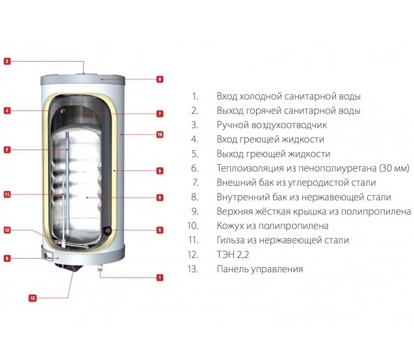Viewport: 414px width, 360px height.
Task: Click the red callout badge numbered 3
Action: [7, 61]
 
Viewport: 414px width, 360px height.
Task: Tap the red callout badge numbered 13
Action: [32, 298]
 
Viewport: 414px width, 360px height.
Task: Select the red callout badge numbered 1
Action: [159, 277]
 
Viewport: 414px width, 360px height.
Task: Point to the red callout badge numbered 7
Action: [159, 114]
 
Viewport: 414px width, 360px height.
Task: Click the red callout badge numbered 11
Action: [7, 194]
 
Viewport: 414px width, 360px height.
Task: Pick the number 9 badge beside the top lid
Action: [159, 79]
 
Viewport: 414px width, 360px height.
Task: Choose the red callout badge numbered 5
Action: [159, 230]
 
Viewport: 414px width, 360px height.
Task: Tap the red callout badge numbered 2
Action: [7, 149]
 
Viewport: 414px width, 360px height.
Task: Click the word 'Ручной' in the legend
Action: [232, 125]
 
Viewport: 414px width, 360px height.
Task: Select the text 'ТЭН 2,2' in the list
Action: [233, 255]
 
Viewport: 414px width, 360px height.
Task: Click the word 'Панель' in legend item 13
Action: [233, 269]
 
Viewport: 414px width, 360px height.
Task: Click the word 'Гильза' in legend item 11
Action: [231, 240]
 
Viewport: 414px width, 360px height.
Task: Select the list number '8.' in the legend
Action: [195, 197]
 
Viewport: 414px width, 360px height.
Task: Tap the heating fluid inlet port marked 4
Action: [63, 111]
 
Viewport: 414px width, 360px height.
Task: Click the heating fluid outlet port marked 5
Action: [108, 231]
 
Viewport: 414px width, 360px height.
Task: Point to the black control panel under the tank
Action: [69, 267]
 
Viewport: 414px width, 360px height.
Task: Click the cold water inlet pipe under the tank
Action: [100, 268]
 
